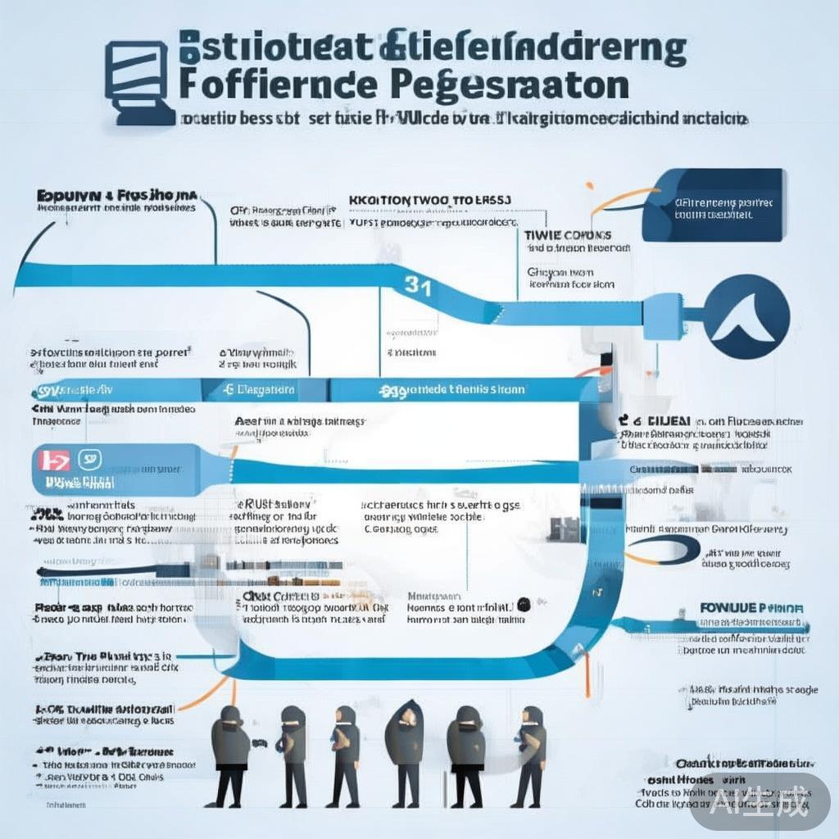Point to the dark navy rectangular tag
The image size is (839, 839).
coord(714,205)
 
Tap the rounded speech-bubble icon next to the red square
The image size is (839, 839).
coord(89,460)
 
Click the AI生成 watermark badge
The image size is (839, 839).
coord(760,799)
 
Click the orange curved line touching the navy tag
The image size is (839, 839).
coord(623,197)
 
